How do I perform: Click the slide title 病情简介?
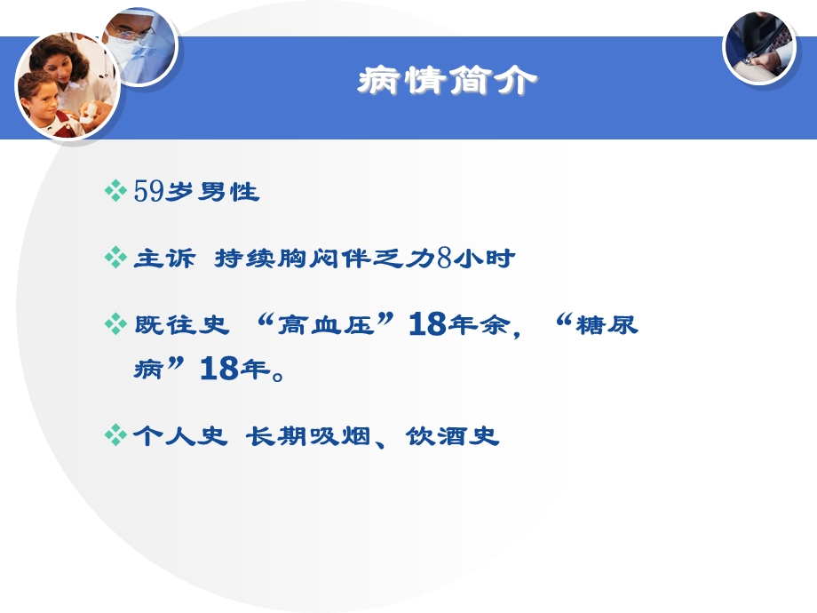pyautogui.click(x=447, y=82)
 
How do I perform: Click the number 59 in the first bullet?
pyautogui.click(x=148, y=191)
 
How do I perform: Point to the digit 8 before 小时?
pyautogui.click(x=445, y=259)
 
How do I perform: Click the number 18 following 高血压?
pyautogui.click(x=427, y=325)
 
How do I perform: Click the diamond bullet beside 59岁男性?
pyautogui.click(x=115, y=191)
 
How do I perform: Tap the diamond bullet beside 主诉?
pyautogui.click(x=115, y=259)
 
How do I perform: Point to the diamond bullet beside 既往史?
pyautogui.click(x=115, y=325)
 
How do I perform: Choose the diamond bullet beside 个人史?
pyautogui.click(x=115, y=436)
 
